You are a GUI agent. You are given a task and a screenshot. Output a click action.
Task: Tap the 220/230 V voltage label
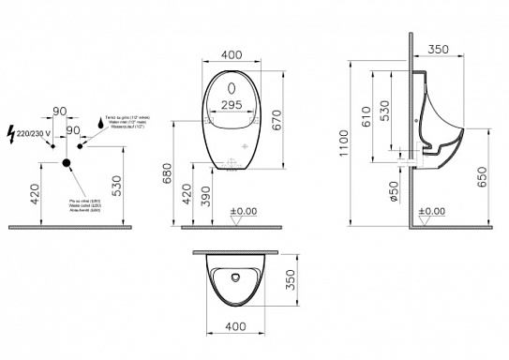[x=34, y=133]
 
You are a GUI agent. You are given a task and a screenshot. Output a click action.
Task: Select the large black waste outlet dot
[x=67, y=163]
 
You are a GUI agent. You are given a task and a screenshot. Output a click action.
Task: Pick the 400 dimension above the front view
[x=232, y=56]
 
